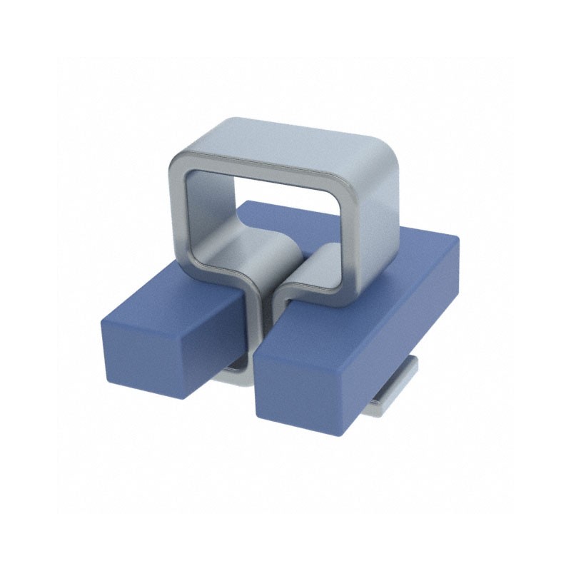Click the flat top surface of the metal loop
click(x=300, y=143)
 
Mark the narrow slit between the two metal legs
click(x=272, y=314)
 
